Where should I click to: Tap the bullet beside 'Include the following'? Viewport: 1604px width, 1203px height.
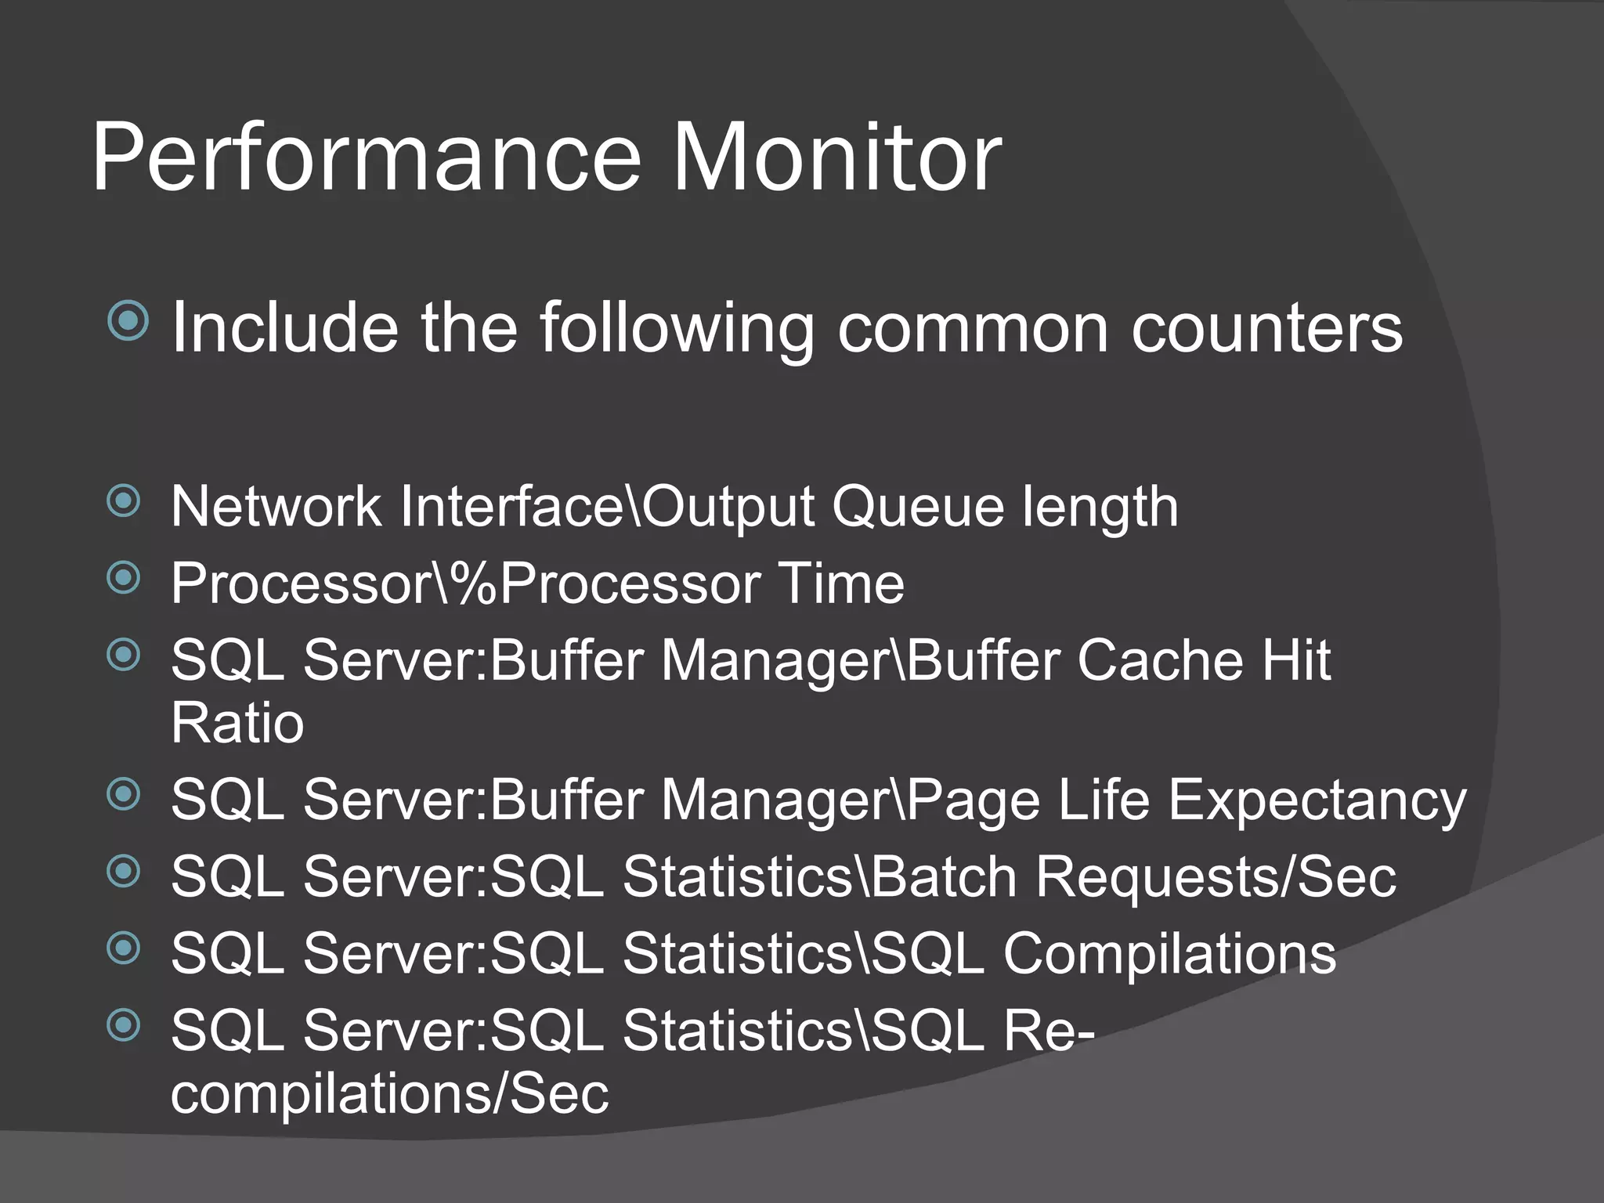(x=128, y=320)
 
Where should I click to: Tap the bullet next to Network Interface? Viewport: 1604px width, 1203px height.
(x=124, y=501)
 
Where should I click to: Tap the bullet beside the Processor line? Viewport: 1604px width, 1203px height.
(x=124, y=578)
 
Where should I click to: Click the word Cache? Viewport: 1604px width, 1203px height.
(x=1159, y=660)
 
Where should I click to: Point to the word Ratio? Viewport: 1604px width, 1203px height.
(x=237, y=723)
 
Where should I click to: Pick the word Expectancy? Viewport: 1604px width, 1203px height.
(x=1317, y=800)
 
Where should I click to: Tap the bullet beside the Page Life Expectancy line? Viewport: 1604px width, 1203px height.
(x=124, y=794)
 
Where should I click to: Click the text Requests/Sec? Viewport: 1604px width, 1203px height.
(x=1216, y=878)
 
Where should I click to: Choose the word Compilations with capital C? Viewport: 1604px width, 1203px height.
(x=1169, y=955)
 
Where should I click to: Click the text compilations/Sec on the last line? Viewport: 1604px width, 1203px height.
(x=389, y=1094)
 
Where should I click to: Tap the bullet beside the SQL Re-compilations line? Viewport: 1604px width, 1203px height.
(x=124, y=1024)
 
